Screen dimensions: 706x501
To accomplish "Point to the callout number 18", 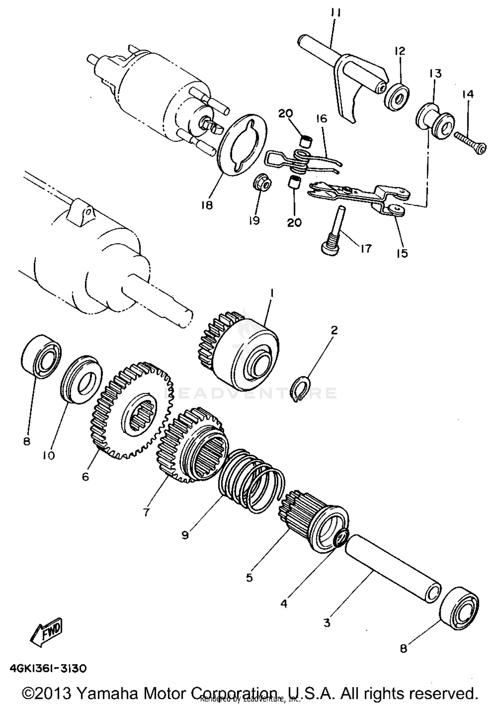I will pos(207,205).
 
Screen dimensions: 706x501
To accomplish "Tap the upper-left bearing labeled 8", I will pos(41,356).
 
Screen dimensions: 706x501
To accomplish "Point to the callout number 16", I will pos(322,119).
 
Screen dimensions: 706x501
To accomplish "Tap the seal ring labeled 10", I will pos(81,380).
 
